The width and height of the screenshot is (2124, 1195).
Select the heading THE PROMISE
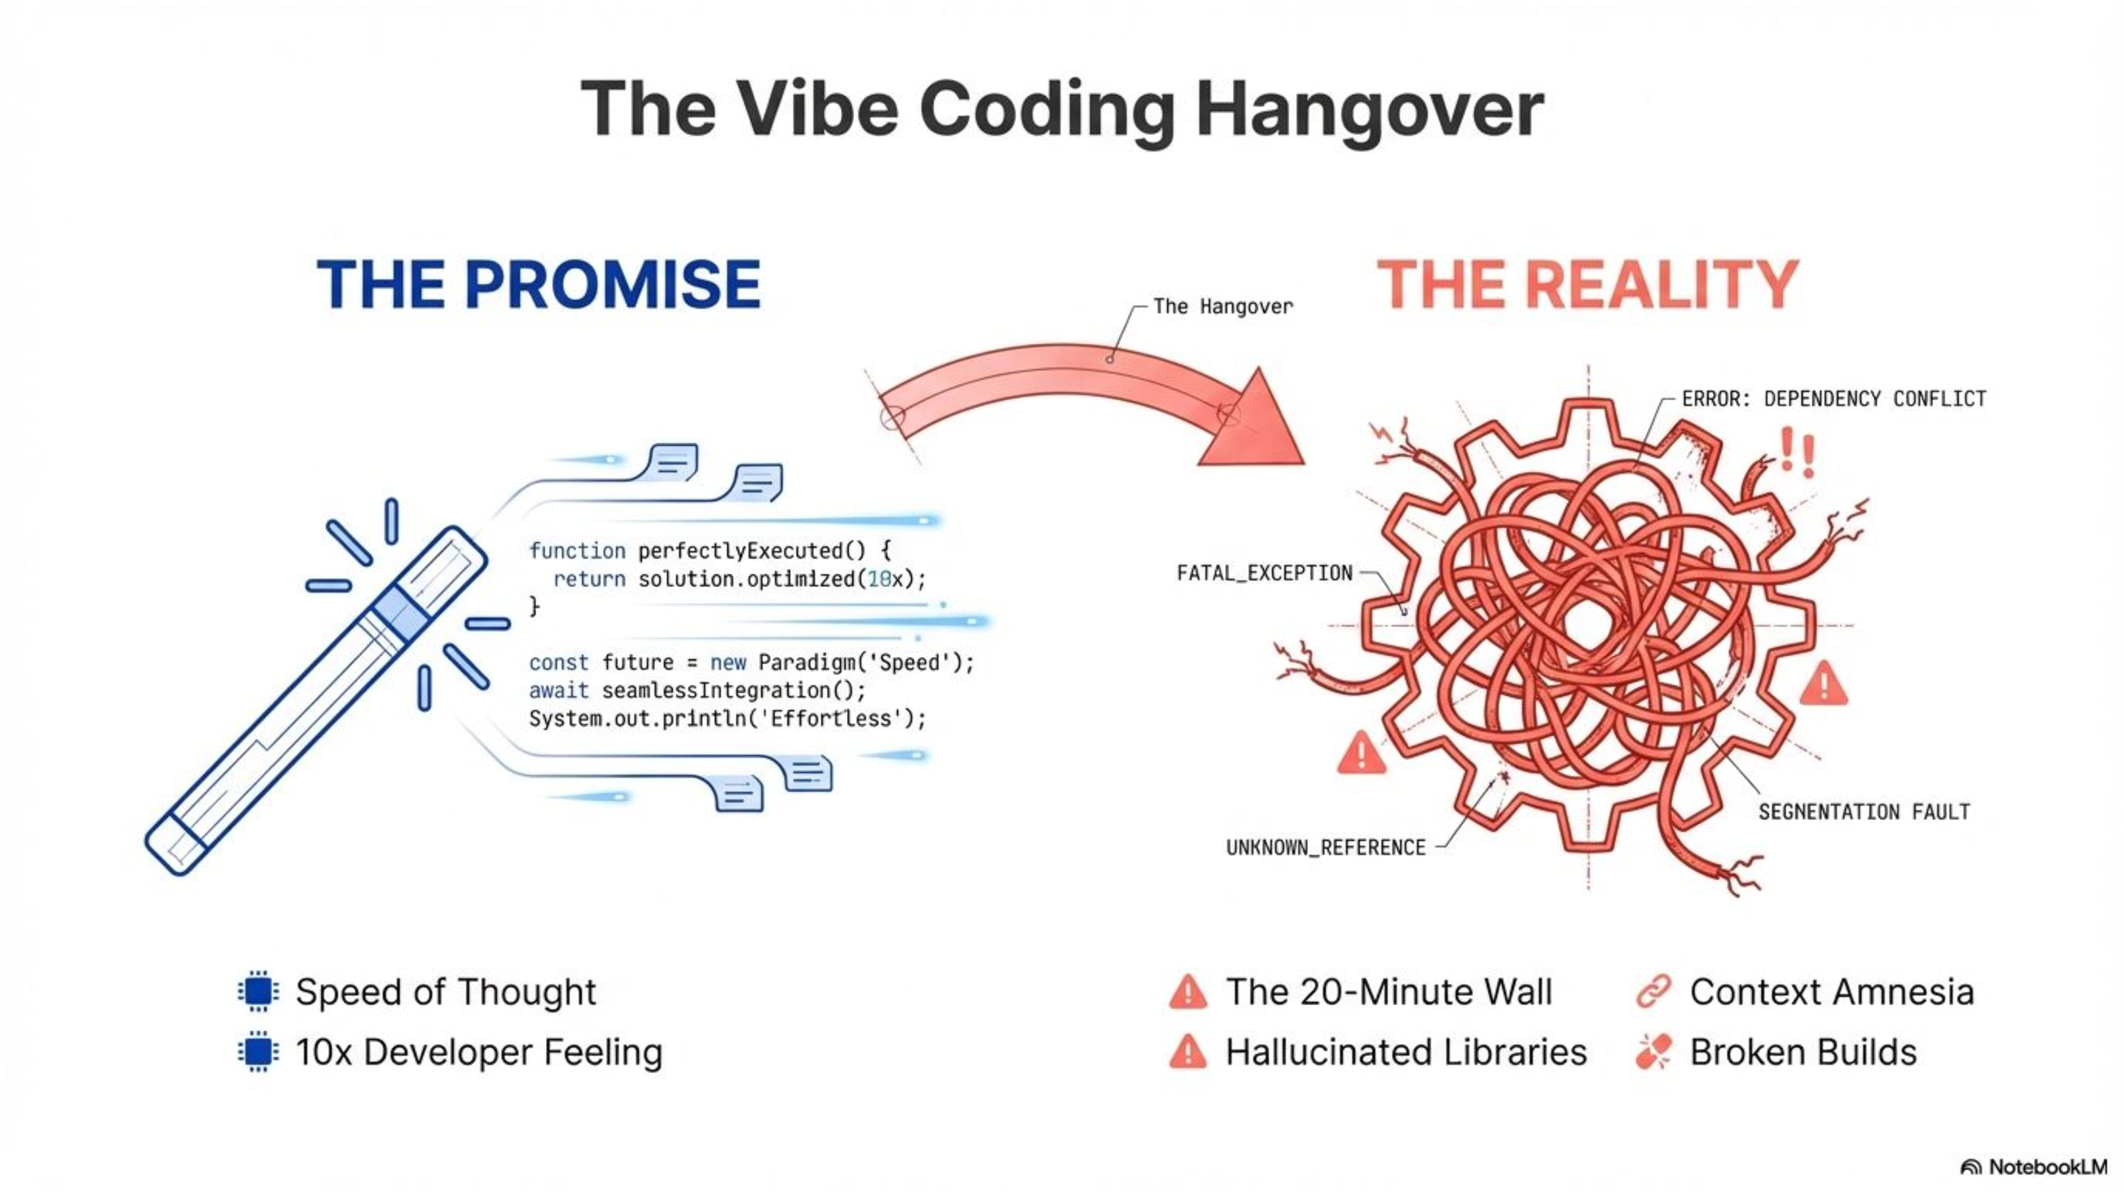click(x=538, y=284)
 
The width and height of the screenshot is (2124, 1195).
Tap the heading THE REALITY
click(x=1587, y=284)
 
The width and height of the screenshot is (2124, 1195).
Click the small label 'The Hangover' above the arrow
click(x=1222, y=307)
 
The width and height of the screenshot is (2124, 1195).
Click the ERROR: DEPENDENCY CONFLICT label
click(x=1833, y=399)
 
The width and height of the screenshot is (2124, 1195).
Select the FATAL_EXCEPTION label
click(x=1264, y=573)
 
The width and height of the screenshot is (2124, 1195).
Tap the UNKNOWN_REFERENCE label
click(x=1325, y=848)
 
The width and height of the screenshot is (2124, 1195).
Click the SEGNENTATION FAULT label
click(x=1864, y=812)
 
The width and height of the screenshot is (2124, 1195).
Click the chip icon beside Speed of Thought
click(x=258, y=991)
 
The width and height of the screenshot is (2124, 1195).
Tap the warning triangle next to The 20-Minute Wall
click(x=1187, y=992)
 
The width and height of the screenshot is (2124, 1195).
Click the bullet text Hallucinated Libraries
click(x=1406, y=1052)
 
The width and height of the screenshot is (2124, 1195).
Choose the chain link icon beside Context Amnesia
click(x=1653, y=991)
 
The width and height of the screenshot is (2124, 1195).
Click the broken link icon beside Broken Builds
click(x=1653, y=1052)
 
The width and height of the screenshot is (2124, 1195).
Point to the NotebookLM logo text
click(x=2047, y=1167)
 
